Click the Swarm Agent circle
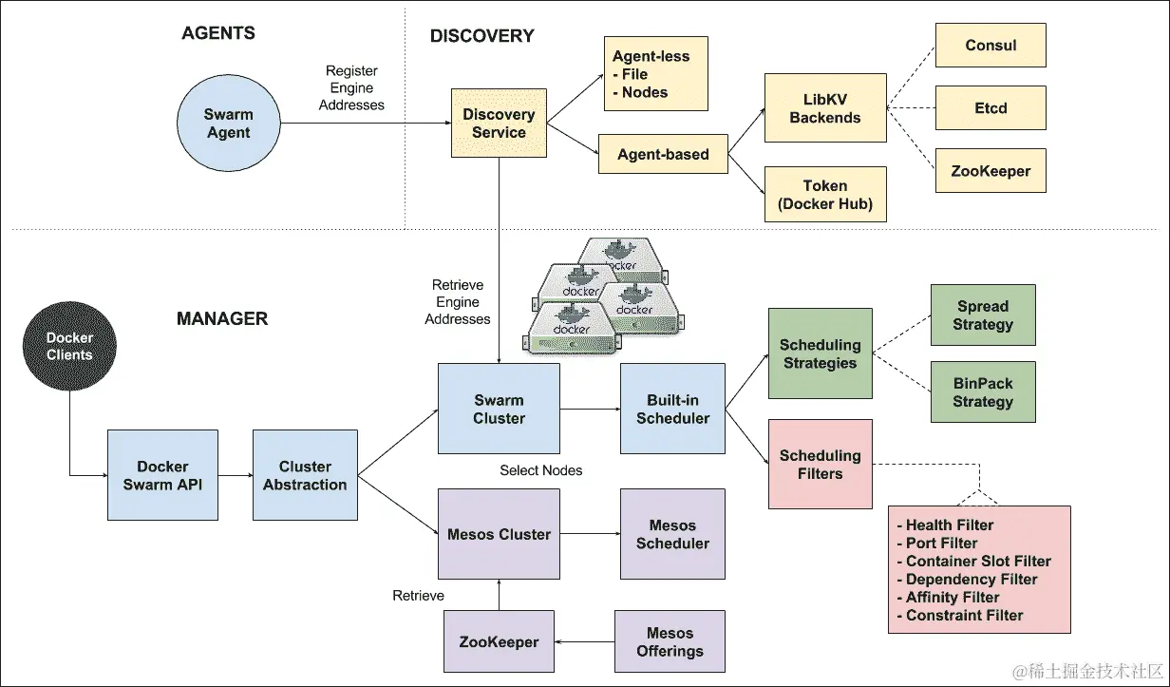(x=228, y=124)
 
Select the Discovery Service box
(x=499, y=124)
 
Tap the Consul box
(x=991, y=46)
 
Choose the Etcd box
(x=991, y=108)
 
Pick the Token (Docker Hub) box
(x=824, y=195)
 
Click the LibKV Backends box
(x=824, y=108)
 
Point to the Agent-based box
(x=663, y=154)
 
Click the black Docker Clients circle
(x=70, y=347)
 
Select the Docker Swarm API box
(x=162, y=475)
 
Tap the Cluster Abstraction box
(x=305, y=475)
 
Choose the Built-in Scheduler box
(x=672, y=409)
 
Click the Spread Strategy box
(x=983, y=315)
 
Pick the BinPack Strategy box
(x=983, y=392)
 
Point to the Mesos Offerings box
(x=670, y=642)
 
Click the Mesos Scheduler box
(x=672, y=534)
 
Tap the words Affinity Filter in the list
(x=953, y=598)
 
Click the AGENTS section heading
(x=218, y=33)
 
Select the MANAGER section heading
(x=222, y=319)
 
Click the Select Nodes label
(x=541, y=470)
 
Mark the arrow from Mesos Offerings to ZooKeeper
(x=584, y=642)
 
